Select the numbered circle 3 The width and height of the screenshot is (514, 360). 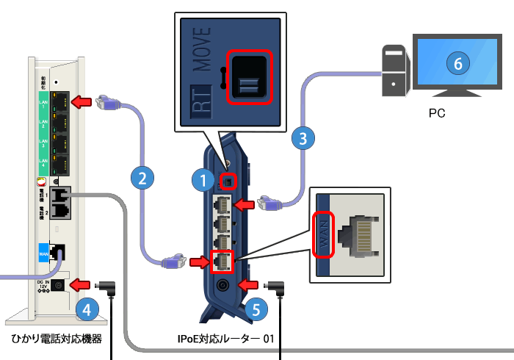pos(303,137)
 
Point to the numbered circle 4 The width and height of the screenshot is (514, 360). pos(87,311)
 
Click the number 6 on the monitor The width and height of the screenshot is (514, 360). pos(457,64)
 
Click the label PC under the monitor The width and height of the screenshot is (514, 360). pos(438,115)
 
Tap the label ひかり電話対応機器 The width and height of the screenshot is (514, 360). pos(56,339)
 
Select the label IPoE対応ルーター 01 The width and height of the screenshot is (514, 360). pos(225,339)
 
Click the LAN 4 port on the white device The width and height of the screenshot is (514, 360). pos(63,164)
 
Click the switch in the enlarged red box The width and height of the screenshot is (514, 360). pos(248,76)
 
